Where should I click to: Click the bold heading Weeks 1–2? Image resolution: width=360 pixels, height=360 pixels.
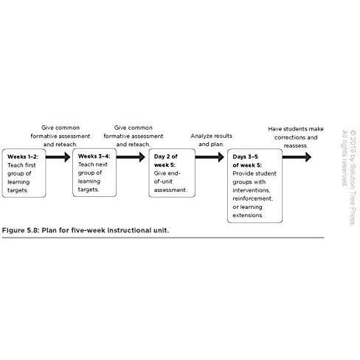23,156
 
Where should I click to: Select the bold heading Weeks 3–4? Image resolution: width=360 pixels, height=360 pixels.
94,156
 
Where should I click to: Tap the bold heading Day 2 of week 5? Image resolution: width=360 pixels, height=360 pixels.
166,161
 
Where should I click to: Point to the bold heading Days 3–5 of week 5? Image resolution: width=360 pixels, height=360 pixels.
247,161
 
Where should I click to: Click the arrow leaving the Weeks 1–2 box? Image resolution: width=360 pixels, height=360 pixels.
58,157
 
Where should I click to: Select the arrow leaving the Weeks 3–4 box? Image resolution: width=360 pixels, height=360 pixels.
131,157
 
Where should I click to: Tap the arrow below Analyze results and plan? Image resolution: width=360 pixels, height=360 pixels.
210,157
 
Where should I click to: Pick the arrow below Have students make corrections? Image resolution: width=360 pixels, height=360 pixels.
297,157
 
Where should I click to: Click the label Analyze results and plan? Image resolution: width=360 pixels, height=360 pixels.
212,140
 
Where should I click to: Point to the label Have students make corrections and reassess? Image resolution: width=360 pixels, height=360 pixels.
296,137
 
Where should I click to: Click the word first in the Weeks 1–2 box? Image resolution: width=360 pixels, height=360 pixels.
30,165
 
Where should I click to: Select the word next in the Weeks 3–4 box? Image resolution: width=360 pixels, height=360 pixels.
101,165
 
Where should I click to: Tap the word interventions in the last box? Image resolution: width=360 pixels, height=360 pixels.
252,190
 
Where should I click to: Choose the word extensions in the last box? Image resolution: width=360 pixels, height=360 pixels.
248,215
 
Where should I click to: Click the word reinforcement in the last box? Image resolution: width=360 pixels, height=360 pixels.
252,198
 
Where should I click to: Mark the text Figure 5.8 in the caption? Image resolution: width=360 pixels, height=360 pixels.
21,231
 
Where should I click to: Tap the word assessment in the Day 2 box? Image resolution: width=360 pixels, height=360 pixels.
170,190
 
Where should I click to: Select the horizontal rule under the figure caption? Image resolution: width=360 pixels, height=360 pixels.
163,238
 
